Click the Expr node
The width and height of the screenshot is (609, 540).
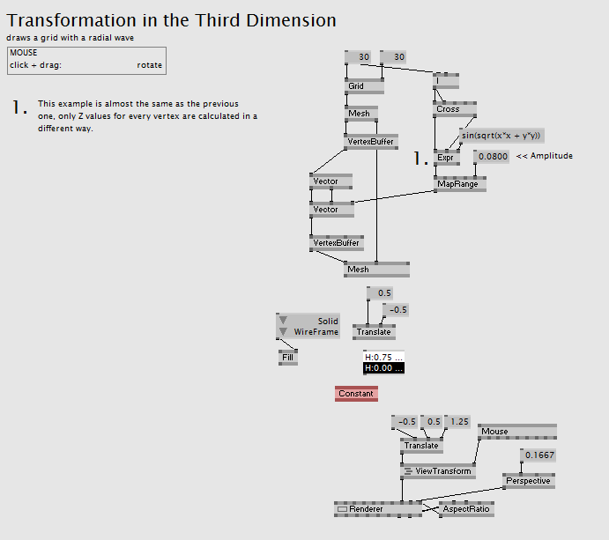447,158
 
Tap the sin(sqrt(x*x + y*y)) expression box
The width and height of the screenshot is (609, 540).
501,136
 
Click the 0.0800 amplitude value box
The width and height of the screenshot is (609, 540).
492,157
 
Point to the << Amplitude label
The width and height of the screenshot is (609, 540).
545,156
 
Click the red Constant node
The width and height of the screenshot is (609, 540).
356,393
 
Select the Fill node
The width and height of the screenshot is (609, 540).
288,358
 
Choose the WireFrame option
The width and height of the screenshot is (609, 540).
316,332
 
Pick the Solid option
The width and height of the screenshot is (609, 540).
327,322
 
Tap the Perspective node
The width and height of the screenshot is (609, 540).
528,481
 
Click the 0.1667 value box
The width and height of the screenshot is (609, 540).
539,455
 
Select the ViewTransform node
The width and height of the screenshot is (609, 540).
438,472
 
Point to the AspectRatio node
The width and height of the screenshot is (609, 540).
466,509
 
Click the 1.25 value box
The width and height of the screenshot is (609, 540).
459,422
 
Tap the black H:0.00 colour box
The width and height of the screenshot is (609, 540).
382,368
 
